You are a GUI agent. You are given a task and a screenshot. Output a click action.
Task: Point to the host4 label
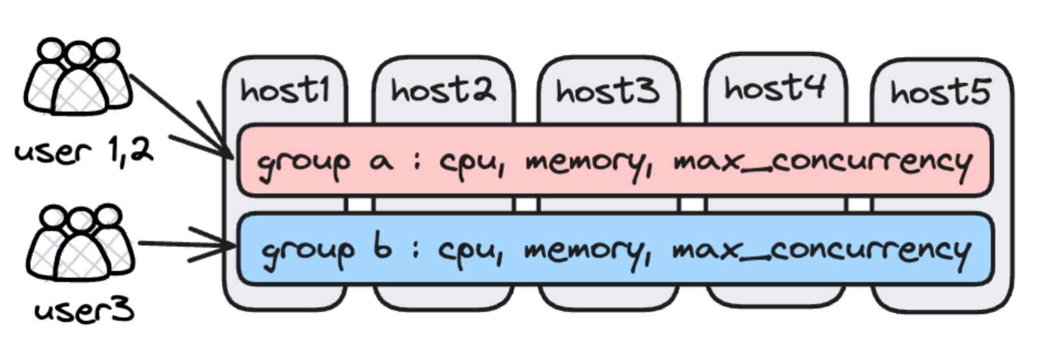click(x=774, y=87)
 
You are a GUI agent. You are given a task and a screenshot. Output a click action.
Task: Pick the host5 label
click(x=940, y=92)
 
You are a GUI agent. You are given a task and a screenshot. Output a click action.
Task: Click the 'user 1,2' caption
click(x=83, y=151)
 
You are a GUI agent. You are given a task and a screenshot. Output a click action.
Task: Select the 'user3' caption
click(x=84, y=310)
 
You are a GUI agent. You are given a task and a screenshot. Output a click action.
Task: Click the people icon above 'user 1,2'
click(x=78, y=76)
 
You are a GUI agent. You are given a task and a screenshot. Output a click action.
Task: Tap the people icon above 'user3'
click(x=80, y=242)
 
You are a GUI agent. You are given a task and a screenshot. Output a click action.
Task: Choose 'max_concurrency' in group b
click(x=821, y=250)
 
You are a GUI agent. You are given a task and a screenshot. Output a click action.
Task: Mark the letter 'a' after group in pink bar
click(x=381, y=161)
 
